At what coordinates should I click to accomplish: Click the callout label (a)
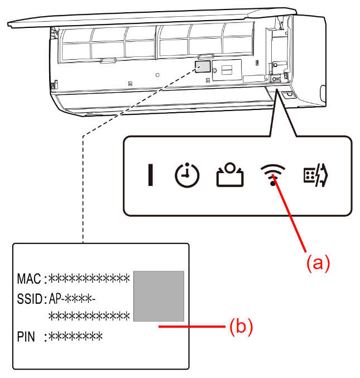(x=318, y=262)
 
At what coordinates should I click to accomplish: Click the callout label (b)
(x=242, y=327)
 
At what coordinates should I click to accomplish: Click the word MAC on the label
(x=29, y=278)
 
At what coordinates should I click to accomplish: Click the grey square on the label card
(x=159, y=296)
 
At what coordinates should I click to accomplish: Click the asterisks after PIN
(x=76, y=336)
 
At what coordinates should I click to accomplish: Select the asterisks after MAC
(x=89, y=278)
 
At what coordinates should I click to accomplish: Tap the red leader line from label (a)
(x=290, y=215)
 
